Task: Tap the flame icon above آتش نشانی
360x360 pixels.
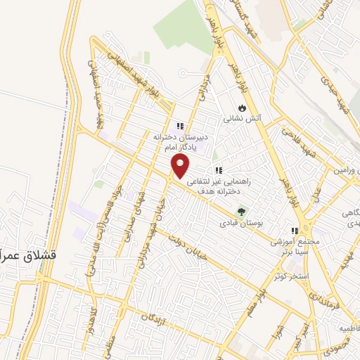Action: [x=242, y=108]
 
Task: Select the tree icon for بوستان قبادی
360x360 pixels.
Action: [x=243, y=211]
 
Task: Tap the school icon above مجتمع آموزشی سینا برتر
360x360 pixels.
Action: [x=296, y=230]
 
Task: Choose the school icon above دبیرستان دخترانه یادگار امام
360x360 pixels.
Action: [x=180, y=127]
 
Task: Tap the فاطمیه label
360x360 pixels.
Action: [x=349, y=328]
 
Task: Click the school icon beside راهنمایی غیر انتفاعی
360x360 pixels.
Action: [x=218, y=170]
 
